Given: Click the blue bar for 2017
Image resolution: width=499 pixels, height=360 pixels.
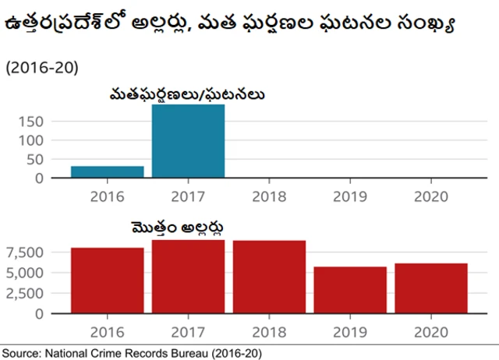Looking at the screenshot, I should click(188, 141).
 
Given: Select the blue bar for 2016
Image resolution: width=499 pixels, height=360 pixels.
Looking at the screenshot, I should click(107, 171).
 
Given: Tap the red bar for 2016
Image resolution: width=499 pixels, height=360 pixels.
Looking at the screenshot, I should click(107, 281).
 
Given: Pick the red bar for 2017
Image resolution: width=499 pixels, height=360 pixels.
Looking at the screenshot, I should click(188, 277).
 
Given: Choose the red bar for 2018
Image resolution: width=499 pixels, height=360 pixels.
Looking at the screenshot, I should click(269, 277).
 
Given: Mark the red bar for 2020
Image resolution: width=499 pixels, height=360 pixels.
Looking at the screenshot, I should click(431, 288).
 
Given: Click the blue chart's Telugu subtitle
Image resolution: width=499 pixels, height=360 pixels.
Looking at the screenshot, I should click(187, 95).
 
